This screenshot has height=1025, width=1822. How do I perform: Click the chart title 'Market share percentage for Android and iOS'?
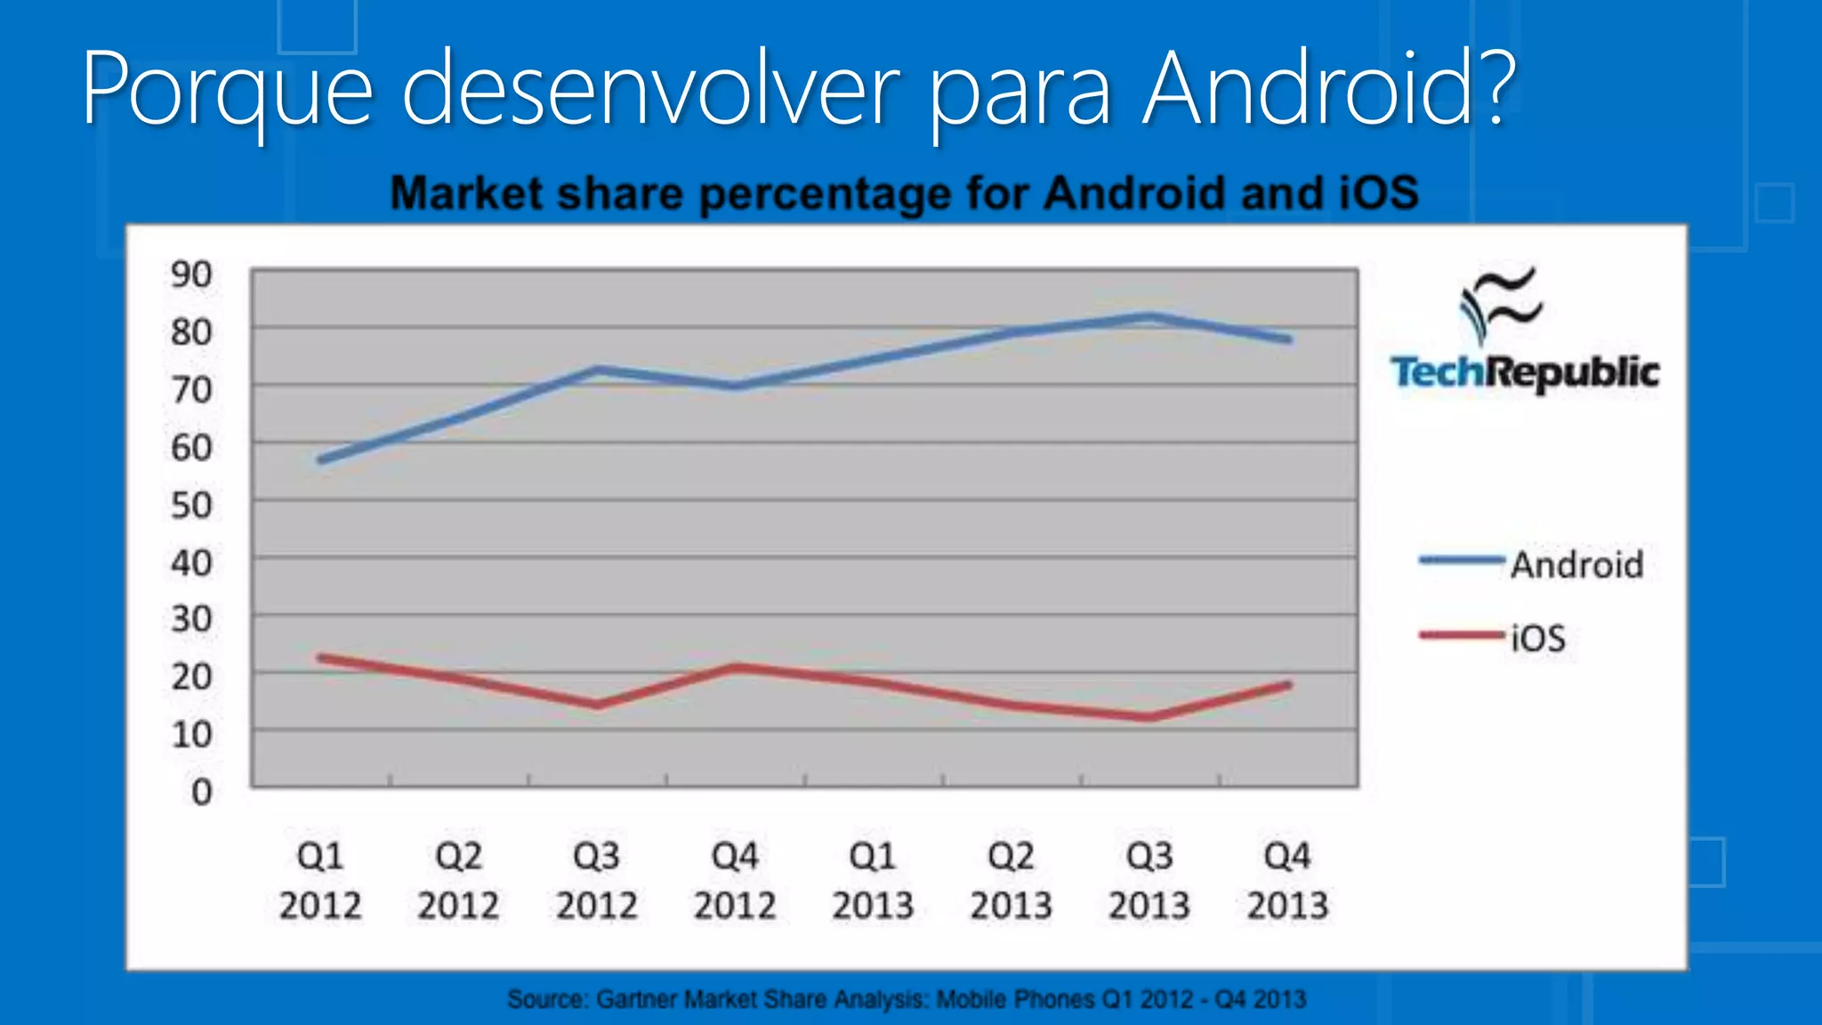[x=904, y=194]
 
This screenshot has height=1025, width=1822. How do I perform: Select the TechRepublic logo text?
[x=1524, y=373]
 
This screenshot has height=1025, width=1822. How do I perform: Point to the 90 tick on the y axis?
[x=191, y=275]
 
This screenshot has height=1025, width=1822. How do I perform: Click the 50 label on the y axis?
[x=191, y=505]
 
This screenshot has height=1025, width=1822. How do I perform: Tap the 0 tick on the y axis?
[x=202, y=792]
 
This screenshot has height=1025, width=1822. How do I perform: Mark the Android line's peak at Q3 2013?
[x=1150, y=317]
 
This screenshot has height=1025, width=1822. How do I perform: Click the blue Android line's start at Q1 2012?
[x=321, y=459]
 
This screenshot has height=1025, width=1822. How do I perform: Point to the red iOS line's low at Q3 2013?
[x=1150, y=716]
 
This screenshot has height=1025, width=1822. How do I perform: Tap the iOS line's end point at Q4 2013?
[x=1288, y=685]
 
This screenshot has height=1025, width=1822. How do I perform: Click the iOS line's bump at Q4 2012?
[x=735, y=667]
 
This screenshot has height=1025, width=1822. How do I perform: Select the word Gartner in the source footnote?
[x=637, y=999]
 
